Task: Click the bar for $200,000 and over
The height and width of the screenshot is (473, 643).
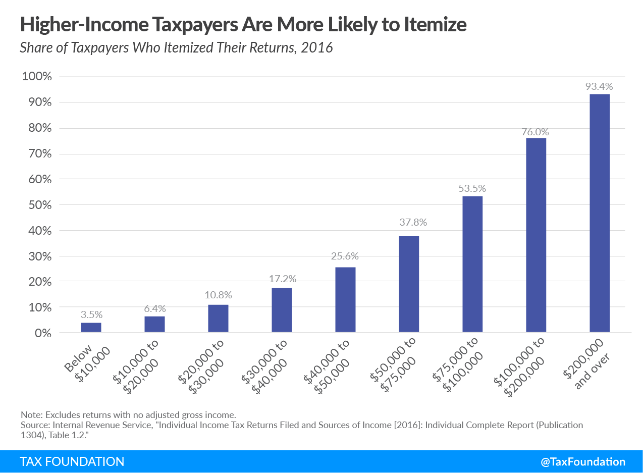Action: point(599,213)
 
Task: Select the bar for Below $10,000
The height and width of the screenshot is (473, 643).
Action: point(91,327)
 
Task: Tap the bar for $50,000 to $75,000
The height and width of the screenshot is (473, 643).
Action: point(409,284)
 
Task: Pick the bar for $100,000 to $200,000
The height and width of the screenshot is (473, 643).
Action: point(536,235)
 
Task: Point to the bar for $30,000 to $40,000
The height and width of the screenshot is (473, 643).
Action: point(282,310)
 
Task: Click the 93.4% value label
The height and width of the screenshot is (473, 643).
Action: point(599,86)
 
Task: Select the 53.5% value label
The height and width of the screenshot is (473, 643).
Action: point(472,188)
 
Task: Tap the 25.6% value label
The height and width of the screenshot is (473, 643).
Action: point(345,256)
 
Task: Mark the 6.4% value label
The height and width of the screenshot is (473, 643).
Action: point(154,308)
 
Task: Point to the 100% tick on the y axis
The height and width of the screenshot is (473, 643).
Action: point(37,77)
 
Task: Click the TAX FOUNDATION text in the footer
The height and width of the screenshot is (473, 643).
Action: point(72,461)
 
